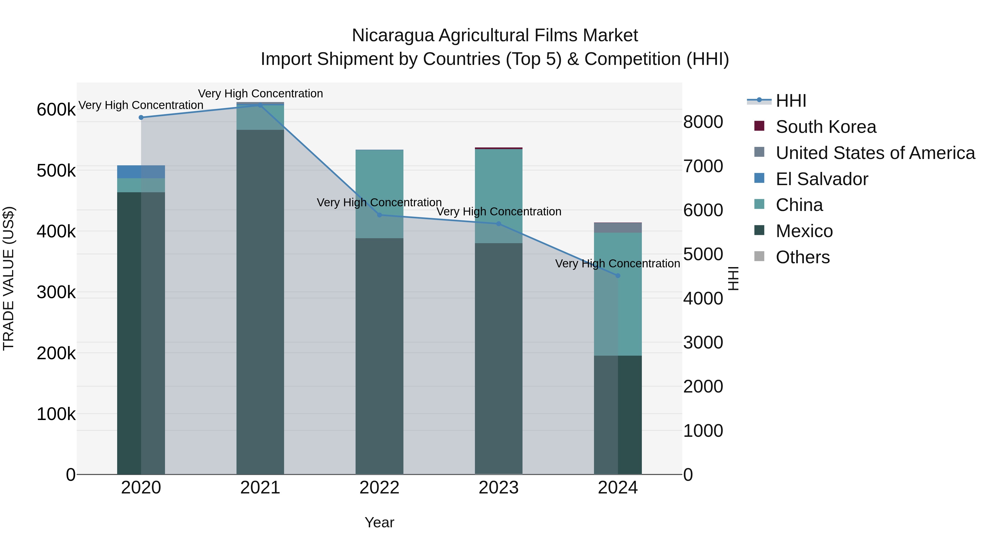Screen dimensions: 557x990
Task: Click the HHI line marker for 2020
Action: [x=141, y=117]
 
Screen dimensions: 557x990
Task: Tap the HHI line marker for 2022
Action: [x=379, y=215]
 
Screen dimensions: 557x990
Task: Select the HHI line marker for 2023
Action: [x=499, y=224]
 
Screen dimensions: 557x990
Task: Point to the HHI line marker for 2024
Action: [x=618, y=276]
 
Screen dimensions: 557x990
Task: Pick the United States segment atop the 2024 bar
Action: [x=618, y=227]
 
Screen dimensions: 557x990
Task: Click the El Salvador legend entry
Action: [x=822, y=179]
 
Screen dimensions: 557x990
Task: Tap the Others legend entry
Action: [x=802, y=257]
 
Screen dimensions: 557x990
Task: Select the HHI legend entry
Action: [x=791, y=101]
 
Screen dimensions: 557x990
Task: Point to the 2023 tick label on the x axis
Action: [x=499, y=488]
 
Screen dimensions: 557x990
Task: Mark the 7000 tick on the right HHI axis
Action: [x=703, y=166]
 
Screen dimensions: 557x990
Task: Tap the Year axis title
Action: [x=379, y=522]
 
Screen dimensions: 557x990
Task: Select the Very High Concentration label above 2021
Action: [x=260, y=94]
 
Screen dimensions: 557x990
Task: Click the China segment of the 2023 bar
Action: [x=499, y=185]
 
